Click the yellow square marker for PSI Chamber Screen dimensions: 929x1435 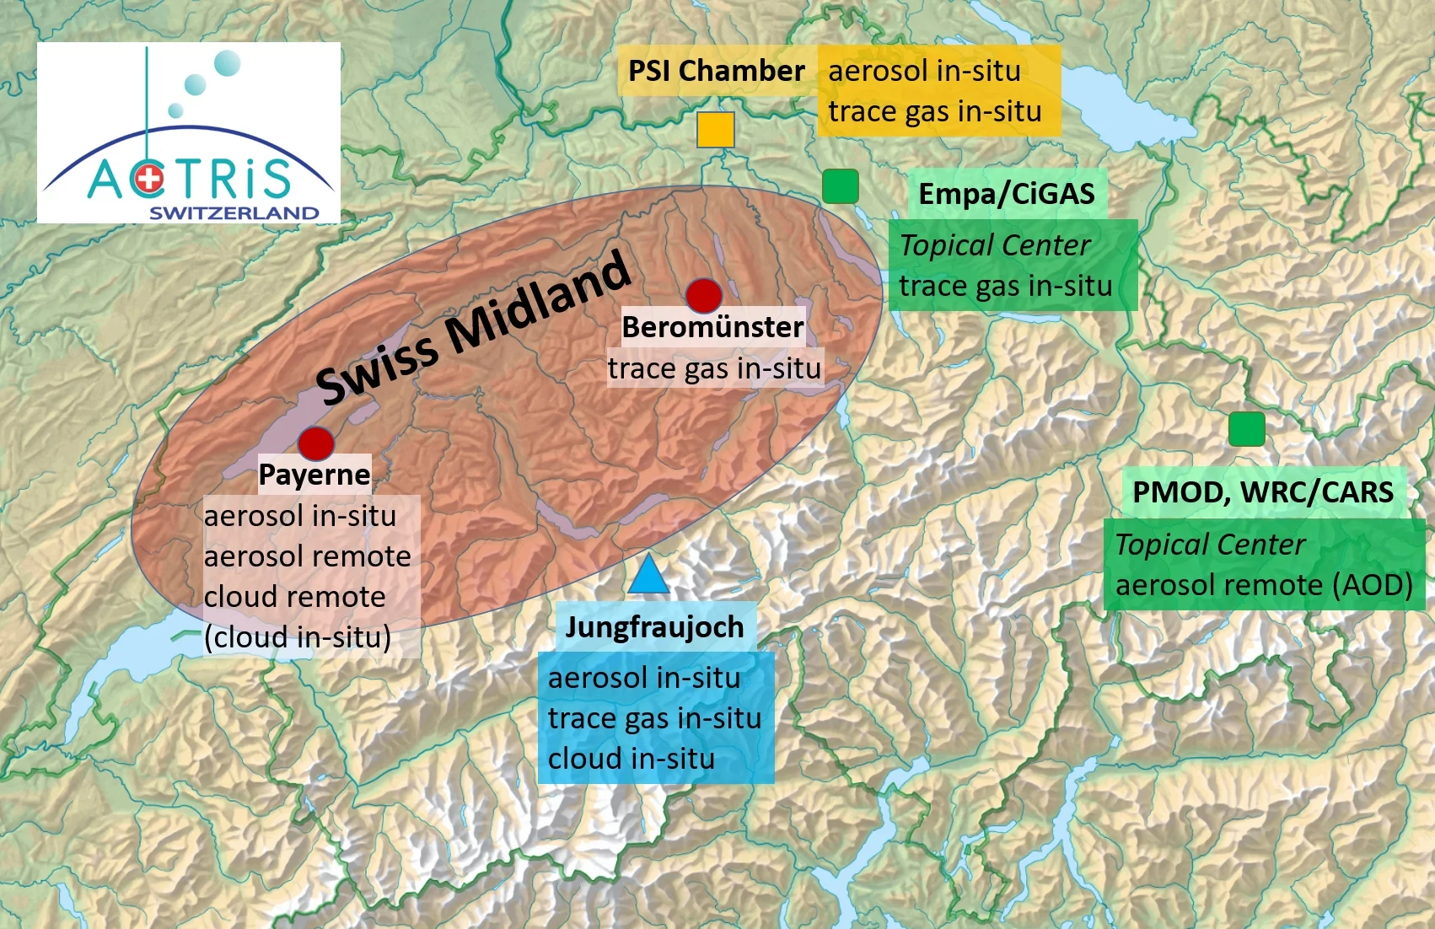(x=716, y=130)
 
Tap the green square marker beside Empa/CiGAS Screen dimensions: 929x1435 (x=840, y=186)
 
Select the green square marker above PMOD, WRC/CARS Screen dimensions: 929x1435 (x=1246, y=429)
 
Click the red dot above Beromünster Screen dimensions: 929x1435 (x=703, y=295)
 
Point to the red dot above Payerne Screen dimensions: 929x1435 (x=316, y=443)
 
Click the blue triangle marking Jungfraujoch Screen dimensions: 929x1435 (x=648, y=575)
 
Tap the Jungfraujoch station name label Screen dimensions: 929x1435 (x=654, y=627)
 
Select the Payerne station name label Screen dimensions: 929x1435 (x=314, y=475)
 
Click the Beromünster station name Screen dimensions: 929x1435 (x=712, y=327)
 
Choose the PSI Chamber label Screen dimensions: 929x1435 (x=716, y=71)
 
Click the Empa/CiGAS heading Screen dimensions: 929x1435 (x=1006, y=194)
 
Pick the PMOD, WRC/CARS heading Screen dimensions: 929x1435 (x=1262, y=491)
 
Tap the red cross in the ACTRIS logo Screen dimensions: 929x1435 (x=150, y=179)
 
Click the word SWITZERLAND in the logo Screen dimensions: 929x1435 (x=234, y=213)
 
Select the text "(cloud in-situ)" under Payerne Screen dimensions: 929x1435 (x=298, y=637)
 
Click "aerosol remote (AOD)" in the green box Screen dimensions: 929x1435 (x=1263, y=585)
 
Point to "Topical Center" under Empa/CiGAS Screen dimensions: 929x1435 (x=995, y=245)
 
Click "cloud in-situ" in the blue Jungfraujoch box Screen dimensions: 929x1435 (x=631, y=759)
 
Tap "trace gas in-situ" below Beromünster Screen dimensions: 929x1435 (x=714, y=369)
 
